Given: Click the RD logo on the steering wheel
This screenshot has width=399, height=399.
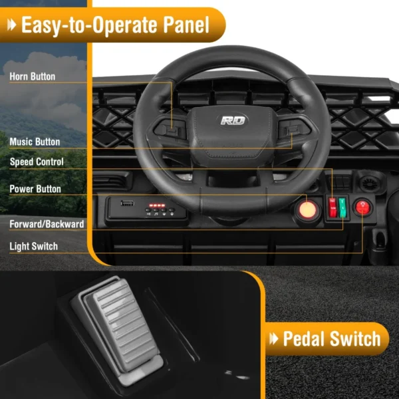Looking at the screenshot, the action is pos(233,120).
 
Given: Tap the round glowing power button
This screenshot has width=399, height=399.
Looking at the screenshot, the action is pos(307,210).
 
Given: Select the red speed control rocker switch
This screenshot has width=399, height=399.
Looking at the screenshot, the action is pos(332,207).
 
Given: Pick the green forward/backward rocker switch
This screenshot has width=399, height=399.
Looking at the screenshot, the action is pos(342,207).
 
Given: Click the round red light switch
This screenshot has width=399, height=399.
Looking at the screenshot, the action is pos(362,207).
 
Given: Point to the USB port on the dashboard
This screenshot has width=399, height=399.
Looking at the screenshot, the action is pos(127,203).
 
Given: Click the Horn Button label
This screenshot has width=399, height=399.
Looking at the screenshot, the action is pos(33,76).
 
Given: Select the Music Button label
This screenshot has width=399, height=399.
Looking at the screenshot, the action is pos(35,142).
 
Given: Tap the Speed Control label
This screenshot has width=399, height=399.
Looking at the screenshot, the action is pos(37,162).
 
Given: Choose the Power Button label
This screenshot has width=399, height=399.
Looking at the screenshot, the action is pos(35,189).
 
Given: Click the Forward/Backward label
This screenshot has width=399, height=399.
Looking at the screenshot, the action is pos(47,224).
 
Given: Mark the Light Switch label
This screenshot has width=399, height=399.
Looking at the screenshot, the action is pos(34,246).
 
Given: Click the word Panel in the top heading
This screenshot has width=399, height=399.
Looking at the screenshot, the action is pos(186,25).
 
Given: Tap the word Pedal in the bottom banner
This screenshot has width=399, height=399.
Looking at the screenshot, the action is pos(305,338).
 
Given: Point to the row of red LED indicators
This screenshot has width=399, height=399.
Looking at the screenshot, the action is pos(157,205).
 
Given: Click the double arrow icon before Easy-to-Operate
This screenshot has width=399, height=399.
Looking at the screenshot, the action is pos(12,25).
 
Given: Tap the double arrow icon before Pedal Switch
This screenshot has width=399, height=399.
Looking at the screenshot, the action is pos(274,338).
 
